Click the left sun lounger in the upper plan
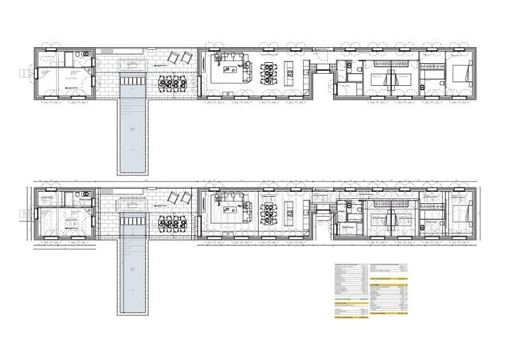[x=174, y=57]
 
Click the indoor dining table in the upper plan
[x=268, y=72]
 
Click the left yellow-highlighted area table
[x=351, y=292]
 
